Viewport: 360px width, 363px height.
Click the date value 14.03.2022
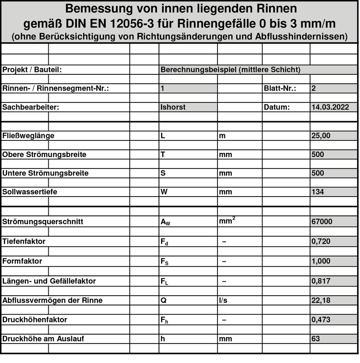tap(330, 107)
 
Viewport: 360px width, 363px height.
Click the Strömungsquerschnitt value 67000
tap(322, 221)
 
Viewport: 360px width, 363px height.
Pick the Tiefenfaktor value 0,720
tap(321, 241)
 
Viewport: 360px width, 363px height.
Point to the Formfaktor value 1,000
tap(321, 261)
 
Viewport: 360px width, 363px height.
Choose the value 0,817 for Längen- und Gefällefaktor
tap(321, 281)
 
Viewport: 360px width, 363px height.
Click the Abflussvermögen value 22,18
tap(320, 300)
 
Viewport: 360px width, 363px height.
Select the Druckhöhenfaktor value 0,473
tap(321, 319)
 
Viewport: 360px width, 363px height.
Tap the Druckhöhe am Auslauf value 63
tap(315, 339)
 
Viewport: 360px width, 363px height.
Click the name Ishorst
tap(173, 107)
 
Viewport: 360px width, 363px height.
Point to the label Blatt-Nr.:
tap(279, 88)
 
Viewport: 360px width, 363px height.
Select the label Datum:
tap(277, 107)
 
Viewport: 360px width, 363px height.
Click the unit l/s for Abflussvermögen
tap(223, 300)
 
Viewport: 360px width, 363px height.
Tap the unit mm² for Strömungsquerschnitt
tap(227, 221)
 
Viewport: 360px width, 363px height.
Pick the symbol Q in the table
tap(163, 300)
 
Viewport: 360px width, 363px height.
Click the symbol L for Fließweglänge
tap(163, 135)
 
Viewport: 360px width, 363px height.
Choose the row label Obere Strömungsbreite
tap(45, 154)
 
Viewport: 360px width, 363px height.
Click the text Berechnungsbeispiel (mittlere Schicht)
tap(230, 69)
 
